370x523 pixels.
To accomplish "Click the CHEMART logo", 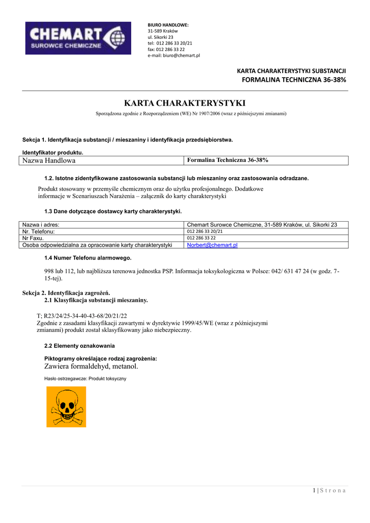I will (x=76, y=38).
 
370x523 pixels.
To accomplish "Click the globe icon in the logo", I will (x=117, y=37).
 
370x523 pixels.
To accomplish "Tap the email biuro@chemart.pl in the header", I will (x=174, y=56).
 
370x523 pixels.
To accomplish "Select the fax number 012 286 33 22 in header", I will (x=166, y=50).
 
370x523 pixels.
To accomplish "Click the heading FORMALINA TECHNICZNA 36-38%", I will (x=294, y=80).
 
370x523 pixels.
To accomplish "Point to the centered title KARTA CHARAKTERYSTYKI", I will (x=185, y=103).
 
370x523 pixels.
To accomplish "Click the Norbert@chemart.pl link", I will (x=212, y=245).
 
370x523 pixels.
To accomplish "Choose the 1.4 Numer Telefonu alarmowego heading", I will (x=88, y=257).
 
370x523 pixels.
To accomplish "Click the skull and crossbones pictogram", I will (x=66, y=407).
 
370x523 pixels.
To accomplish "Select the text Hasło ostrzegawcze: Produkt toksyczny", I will (x=85, y=378).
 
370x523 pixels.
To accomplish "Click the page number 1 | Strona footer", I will (x=329, y=491).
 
